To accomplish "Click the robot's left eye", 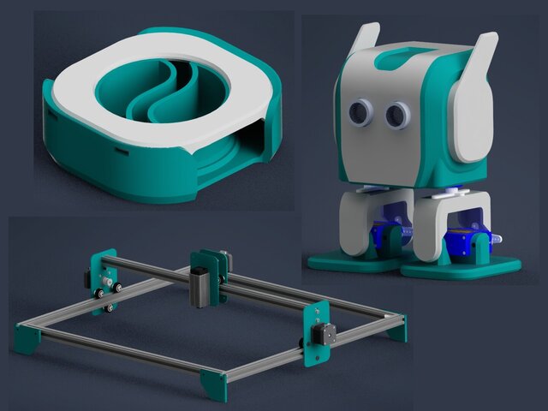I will (x=358, y=112).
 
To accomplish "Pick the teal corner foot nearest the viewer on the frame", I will (x=214, y=385).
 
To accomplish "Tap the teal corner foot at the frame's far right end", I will (x=396, y=326).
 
